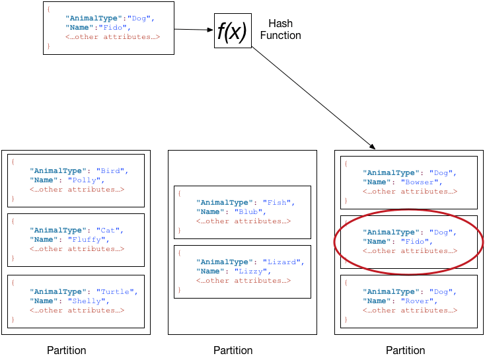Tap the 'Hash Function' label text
[x=280, y=30]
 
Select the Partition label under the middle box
[x=233, y=350]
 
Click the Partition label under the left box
[x=66, y=350]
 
